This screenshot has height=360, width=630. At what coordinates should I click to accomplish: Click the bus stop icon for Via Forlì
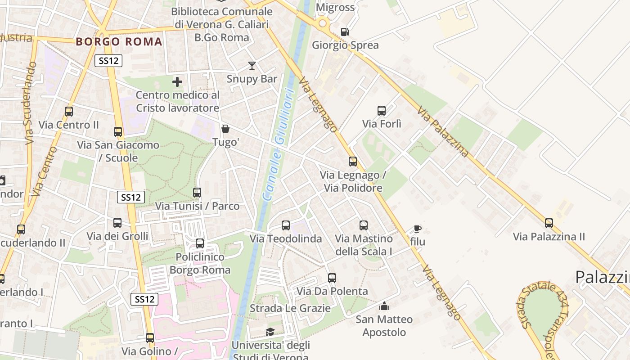382,110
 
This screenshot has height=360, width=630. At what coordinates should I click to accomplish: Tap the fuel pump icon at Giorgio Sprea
345,31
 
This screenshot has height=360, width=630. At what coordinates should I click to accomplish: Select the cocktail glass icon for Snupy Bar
252,66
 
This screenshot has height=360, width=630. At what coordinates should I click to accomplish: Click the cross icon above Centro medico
177,82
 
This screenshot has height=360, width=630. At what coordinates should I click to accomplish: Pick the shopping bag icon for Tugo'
225,129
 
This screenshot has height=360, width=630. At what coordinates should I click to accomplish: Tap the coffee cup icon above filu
418,229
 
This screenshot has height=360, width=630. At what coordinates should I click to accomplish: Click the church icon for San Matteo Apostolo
384,306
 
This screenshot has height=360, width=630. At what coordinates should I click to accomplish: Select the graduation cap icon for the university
270,332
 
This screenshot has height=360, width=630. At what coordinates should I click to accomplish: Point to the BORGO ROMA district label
119,42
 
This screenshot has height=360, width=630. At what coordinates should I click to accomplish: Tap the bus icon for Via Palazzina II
549,223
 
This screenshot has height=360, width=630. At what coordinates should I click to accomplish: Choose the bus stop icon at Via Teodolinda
286,225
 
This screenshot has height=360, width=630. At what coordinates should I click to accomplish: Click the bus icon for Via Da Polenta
332,278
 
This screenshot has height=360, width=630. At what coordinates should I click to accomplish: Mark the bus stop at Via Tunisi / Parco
197,193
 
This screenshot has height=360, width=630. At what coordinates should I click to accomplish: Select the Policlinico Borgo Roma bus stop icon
200,243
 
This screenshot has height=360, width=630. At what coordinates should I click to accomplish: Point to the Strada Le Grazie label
290,308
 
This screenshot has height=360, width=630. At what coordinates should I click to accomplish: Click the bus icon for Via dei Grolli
117,223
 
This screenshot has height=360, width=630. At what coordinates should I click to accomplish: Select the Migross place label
335,7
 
